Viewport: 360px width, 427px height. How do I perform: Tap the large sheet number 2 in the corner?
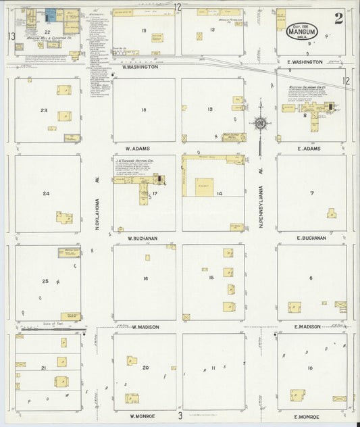click(x=338, y=18)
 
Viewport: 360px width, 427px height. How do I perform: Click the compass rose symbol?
click(x=260, y=123)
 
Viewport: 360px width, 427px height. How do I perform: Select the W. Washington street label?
click(x=140, y=67)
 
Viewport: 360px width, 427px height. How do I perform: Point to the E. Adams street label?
click(x=307, y=148)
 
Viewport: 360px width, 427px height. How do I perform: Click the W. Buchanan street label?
click(x=143, y=238)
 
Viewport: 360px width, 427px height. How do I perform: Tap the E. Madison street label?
click(x=307, y=327)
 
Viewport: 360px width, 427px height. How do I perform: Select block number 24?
click(x=46, y=194)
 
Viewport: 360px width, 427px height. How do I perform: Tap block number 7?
click(x=311, y=193)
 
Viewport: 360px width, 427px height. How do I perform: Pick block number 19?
click(x=144, y=30)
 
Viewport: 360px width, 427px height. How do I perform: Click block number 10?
click(x=310, y=368)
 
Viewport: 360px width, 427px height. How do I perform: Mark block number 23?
click(x=44, y=110)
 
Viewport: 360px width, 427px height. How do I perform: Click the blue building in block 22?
click(x=51, y=14)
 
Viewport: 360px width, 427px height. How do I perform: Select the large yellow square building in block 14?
click(x=205, y=187)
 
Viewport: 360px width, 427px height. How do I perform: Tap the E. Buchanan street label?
click(x=311, y=238)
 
